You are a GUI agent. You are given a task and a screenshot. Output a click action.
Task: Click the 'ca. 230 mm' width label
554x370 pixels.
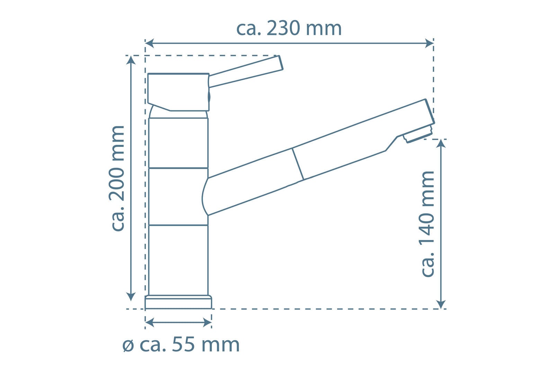pos(289,28)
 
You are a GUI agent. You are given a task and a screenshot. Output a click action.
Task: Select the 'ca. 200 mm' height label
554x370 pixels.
pos(117,178)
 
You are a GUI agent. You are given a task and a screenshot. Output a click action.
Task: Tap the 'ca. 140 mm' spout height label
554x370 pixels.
pos(428,224)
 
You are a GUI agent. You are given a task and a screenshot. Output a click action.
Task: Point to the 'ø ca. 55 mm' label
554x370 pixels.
pos(181,344)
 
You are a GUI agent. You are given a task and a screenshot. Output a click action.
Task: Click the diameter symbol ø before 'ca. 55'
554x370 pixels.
pos(128,346)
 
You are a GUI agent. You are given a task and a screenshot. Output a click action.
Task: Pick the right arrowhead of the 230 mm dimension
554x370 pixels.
pos(429,43)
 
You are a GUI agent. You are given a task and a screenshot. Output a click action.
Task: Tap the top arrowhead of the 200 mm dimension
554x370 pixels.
pos(131,60)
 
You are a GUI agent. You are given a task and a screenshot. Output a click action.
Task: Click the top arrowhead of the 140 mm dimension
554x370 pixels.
pos(441,143)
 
